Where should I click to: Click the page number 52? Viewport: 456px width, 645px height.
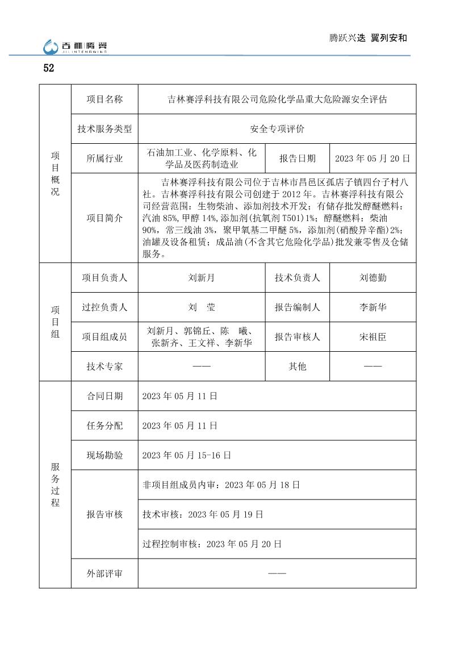pyautogui.click(x=48, y=68)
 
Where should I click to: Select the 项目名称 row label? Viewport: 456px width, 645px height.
pyautogui.click(x=104, y=99)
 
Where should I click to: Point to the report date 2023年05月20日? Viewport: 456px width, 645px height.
pyautogui.click(x=372, y=159)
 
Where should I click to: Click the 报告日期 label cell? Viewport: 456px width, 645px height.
pyautogui.click(x=297, y=159)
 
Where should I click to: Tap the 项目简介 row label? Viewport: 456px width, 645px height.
pyautogui.click(x=104, y=218)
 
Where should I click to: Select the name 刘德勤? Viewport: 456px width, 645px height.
pyautogui.click(x=373, y=278)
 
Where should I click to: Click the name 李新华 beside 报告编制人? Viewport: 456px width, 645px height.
pyautogui.click(x=373, y=307)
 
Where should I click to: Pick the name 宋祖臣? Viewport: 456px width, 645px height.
pyautogui.click(x=373, y=337)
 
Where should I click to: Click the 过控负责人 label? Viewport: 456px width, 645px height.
pyautogui.click(x=104, y=307)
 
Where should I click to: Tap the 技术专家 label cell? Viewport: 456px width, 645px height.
pyautogui.click(x=104, y=367)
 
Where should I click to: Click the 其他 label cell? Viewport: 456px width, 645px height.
pyautogui.click(x=297, y=367)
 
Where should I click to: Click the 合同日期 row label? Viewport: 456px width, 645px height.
pyautogui.click(x=104, y=396)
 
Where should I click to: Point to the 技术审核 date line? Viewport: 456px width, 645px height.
pyautogui.click(x=202, y=514)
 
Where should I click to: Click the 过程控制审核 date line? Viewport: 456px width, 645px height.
pyautogui.click(x=211, y=544)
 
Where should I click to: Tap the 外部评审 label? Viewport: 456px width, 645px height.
pyautogui.click(x=104, y=573)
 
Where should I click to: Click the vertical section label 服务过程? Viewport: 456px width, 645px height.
pyautogui.click(x=55, y=485)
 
